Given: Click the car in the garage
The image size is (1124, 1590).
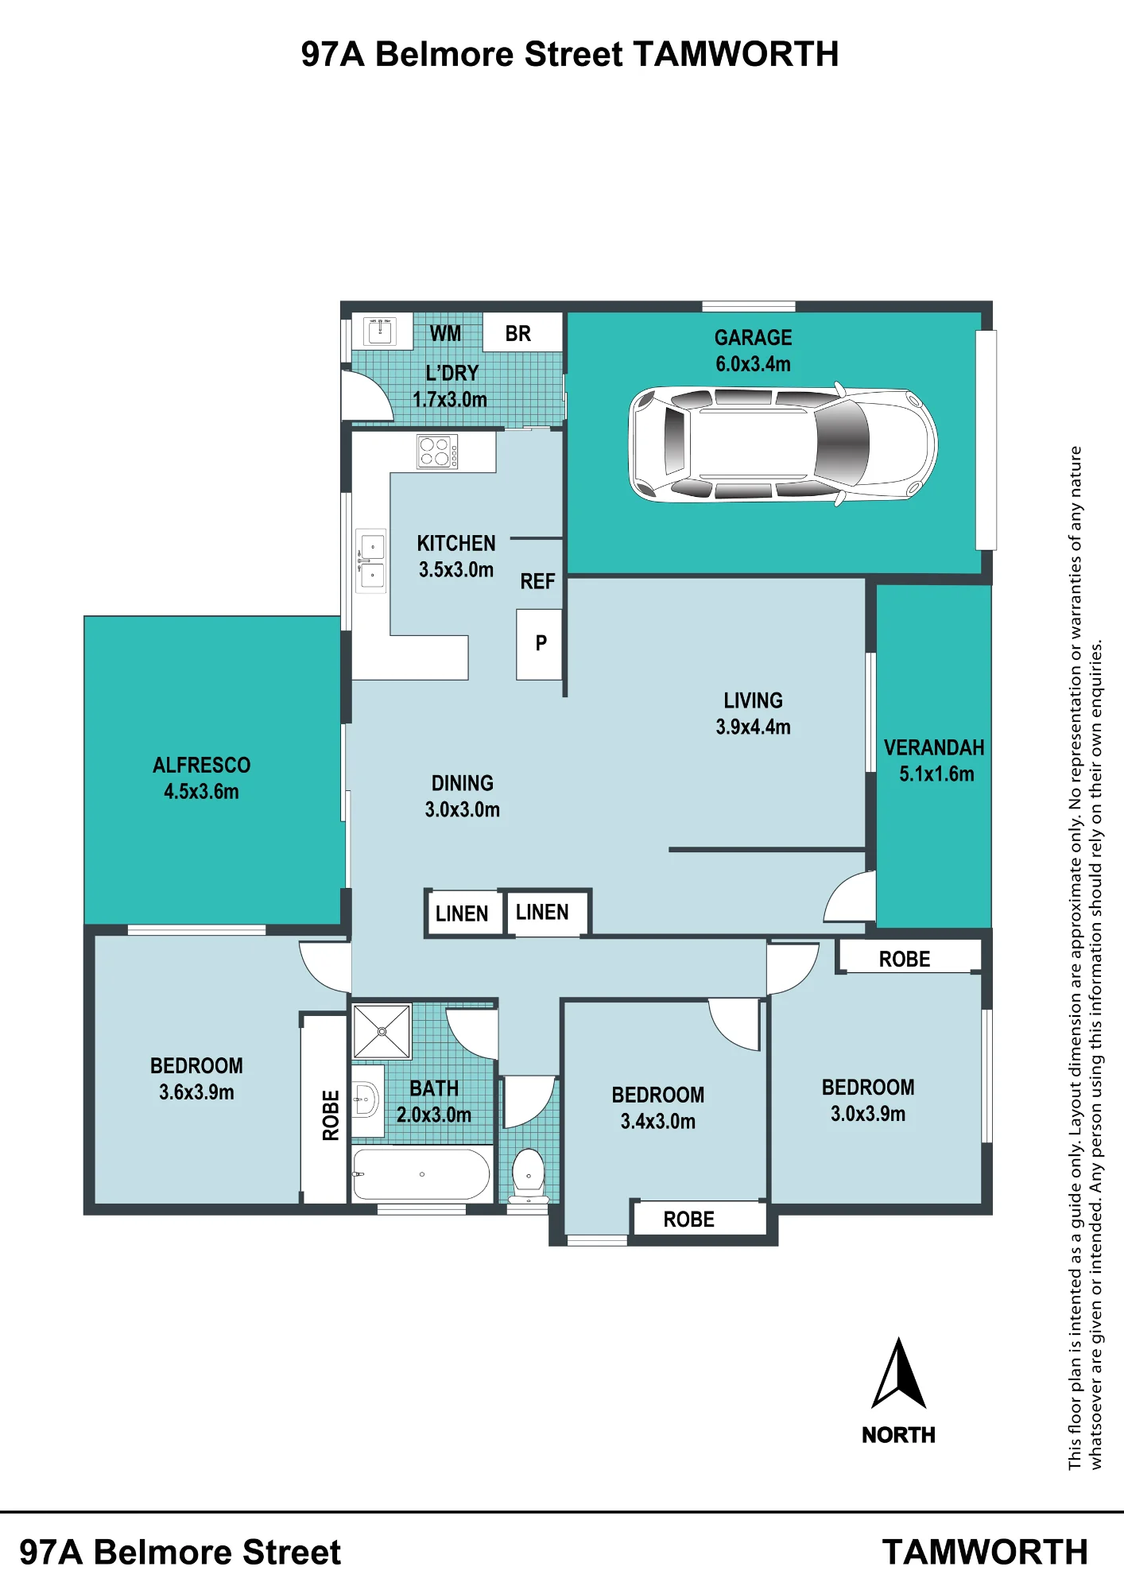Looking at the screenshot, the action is (x=783, y=444).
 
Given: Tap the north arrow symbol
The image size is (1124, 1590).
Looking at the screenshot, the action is (x=899, y=1374).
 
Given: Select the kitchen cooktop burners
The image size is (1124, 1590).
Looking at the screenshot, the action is (x=437, y=452).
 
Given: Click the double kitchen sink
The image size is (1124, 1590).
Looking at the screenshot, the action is (x=371, y=561).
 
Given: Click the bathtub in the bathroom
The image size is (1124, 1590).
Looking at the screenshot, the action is (x=421, y=1173).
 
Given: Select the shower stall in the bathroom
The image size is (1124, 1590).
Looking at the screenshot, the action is (x=382, y=1031).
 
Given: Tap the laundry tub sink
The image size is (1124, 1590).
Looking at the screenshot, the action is (x=380, y=331).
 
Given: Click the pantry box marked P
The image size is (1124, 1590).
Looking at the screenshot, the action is (x=540, y=644).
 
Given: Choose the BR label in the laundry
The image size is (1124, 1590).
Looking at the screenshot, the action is (x=518, y=334).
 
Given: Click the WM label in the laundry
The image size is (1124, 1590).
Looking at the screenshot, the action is (x=445, y=334).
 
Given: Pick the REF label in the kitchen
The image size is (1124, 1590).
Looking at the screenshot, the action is (x=537, y=582).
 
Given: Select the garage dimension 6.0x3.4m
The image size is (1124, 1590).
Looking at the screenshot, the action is (x=753, y=364).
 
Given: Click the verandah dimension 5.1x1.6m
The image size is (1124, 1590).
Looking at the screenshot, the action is (x=936, y=774).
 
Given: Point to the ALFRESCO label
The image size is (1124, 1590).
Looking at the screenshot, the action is (x=201, y=766).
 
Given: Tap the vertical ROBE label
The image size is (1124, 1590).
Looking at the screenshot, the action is (x=331, y=1115).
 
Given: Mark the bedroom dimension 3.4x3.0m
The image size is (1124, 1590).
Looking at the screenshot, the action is (x=658, y=1122).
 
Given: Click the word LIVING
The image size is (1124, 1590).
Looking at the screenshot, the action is (x=753, y=700).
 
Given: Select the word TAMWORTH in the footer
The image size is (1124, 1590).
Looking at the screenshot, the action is (x=985, y=1553).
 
